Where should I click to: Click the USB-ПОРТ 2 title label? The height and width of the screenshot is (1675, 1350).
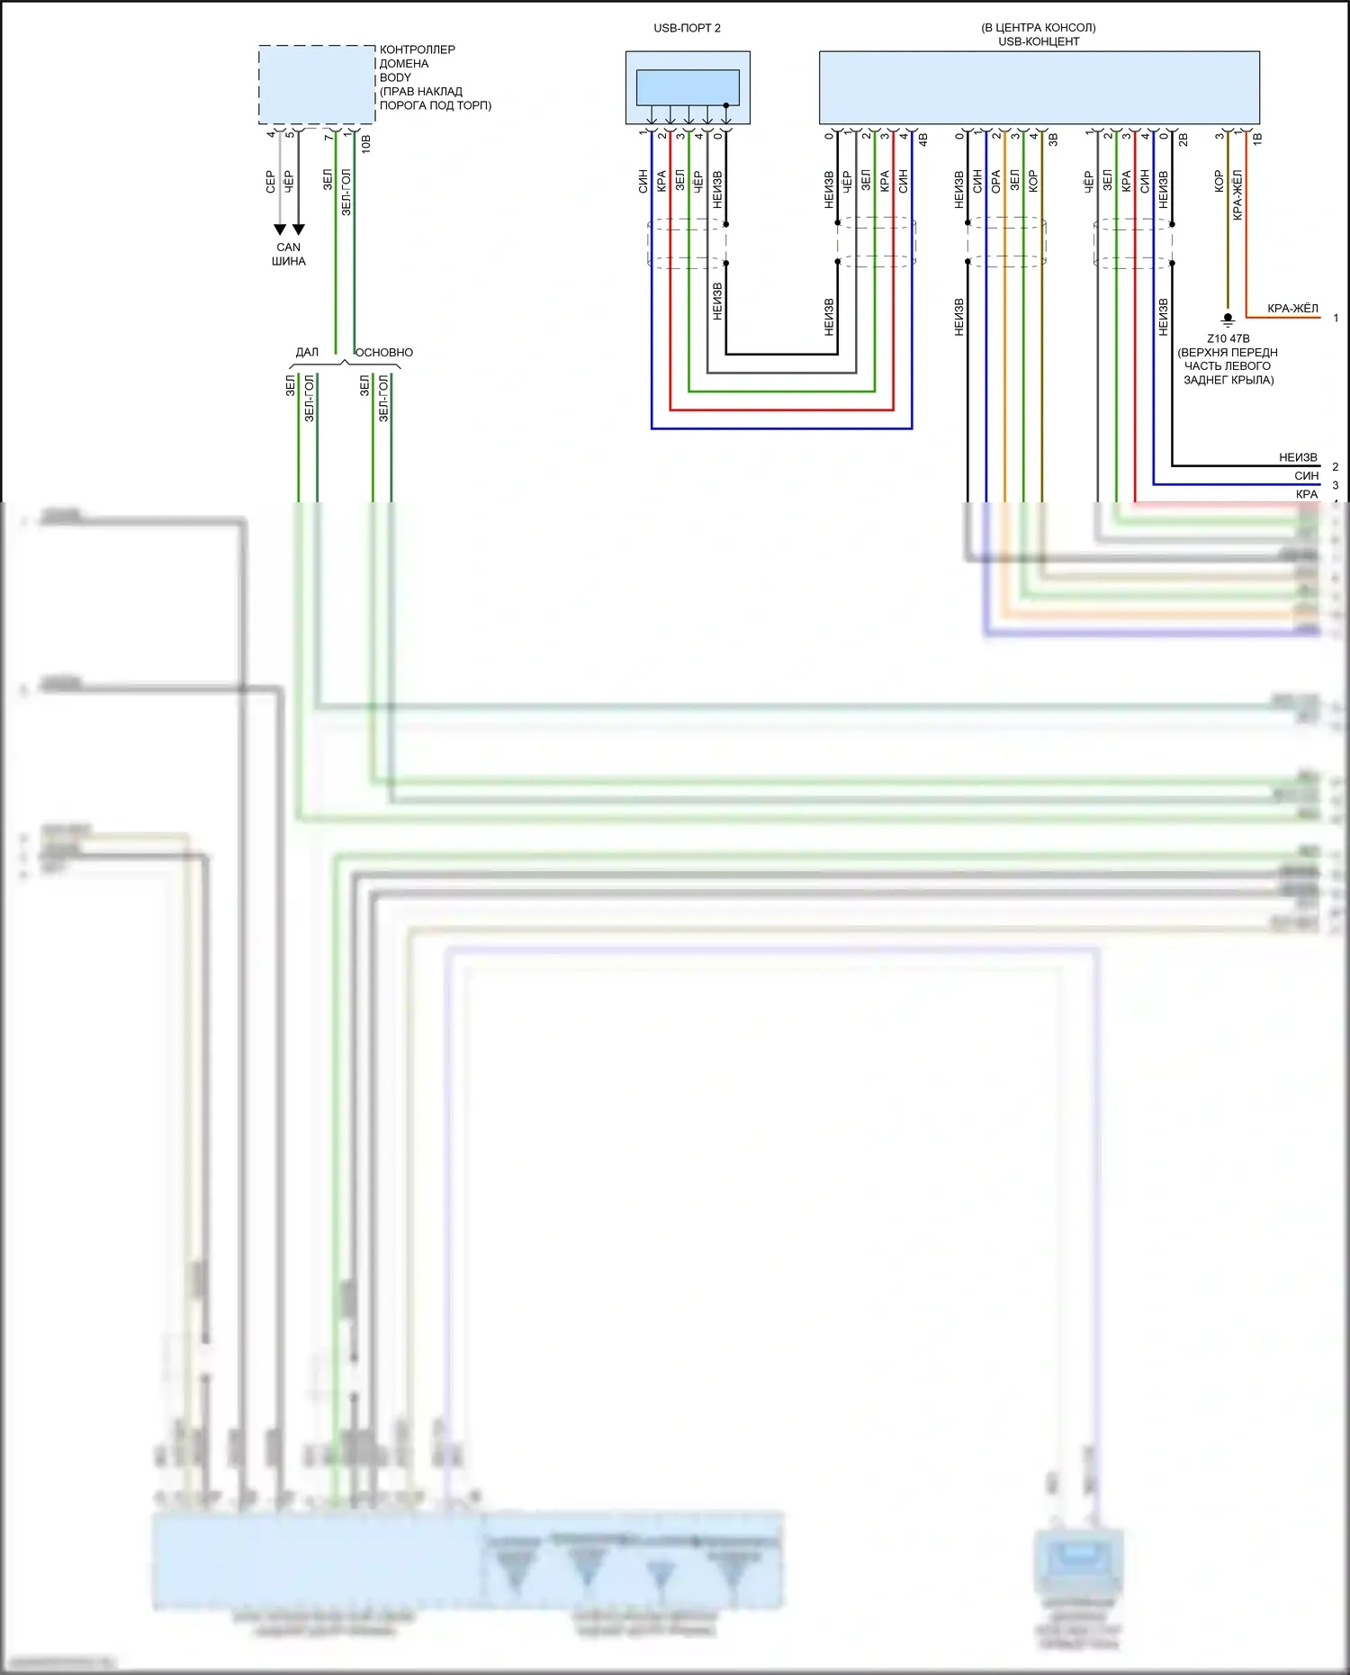[x=687, y=28]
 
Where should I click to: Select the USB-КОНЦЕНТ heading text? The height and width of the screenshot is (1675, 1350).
[x=1039, y=41]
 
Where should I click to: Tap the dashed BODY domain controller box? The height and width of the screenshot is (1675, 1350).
[x=317, y=85]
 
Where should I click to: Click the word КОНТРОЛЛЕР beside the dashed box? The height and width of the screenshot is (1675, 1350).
[x=417, y=50]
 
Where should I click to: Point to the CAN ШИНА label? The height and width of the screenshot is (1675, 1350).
[x=289, y=254]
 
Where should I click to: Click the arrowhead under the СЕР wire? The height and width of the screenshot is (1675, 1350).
[x=280, y=230]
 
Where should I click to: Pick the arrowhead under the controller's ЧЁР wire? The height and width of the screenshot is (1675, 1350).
[x=299, y=230]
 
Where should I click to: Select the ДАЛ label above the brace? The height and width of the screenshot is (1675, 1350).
[x=307, y=352]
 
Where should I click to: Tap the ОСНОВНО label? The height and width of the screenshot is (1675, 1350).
[x=384, y=352]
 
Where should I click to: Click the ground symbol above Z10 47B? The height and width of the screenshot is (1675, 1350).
[x=1228, y=319]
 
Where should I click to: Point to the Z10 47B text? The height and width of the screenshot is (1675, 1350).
[x=1228, y=338]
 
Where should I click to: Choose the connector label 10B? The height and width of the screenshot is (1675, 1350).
[x=366, y=143]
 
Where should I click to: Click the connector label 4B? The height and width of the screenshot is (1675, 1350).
[x=922, y=140]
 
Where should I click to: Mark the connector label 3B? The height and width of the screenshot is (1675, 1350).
[x=1053, y=140]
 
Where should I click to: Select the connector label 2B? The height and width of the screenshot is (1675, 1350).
[x=1183, y=140]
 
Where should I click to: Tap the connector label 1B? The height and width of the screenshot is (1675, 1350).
[x=1257, y=139]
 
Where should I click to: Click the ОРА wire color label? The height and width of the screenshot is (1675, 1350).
[x=995, y=181]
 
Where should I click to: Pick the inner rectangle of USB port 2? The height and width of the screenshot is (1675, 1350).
[x=688, y=87]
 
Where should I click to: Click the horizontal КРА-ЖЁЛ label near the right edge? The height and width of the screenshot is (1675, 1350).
[x=1292, y=308]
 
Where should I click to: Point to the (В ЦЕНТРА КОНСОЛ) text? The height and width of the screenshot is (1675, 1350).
[x=1039, y=28]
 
